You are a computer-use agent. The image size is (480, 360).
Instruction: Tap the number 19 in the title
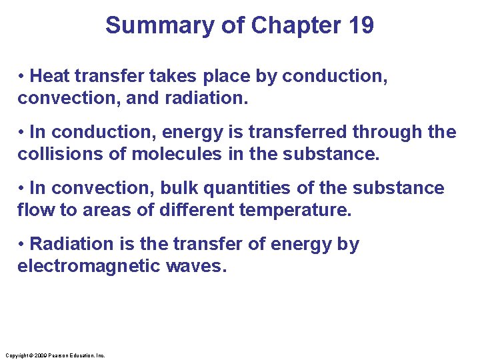(361, 25)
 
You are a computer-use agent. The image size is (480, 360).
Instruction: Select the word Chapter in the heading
(289, 25)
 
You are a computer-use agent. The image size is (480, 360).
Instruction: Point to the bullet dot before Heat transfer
(22, 77)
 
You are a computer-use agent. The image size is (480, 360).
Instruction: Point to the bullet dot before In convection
(22, 189)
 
